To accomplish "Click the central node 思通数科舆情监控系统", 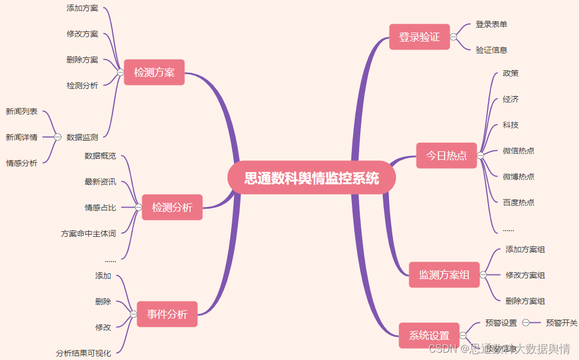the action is click(311, 179).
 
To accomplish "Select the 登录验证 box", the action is click(419, 37).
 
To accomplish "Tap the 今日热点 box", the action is click(446, 156).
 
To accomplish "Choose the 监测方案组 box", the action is click(444, 275).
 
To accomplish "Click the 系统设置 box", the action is click(429, 336).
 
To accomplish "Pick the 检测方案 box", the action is click(154, 73).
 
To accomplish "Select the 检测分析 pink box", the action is click(172, 208).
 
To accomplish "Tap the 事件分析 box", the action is click(167, 314).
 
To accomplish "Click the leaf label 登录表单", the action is click(491, 24).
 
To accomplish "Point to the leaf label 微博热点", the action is click(518, 177).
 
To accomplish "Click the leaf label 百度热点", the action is click(518, 202).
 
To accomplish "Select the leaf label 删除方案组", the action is click(525, 301).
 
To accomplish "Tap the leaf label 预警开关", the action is click(562, 323).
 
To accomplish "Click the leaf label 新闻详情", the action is click(22, 137).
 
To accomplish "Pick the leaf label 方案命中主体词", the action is click(88, 233).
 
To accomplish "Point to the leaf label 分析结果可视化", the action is click(83, 353).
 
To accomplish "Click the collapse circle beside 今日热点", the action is click(481, 156).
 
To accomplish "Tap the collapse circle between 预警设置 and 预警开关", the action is click(526, 323).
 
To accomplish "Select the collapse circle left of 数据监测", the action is click(58, 137).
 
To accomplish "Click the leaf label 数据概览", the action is click(100, 156).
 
